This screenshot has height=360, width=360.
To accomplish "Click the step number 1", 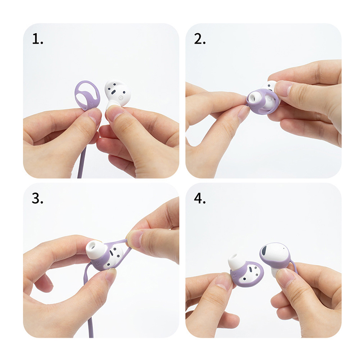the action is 37,39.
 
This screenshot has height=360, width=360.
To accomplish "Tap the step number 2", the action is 200,39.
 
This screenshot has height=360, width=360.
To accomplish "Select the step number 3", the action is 37,198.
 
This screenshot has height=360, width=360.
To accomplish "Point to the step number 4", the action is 200,198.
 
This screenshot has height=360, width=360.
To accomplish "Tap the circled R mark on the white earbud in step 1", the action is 120,98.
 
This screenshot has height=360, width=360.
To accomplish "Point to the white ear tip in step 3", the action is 94,248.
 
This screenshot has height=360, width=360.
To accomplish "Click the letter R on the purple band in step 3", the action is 98,265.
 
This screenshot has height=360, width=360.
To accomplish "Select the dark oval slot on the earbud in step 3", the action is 112,253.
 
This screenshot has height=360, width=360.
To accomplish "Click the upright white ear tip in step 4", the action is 237,262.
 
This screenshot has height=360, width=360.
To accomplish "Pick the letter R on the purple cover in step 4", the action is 234,276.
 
